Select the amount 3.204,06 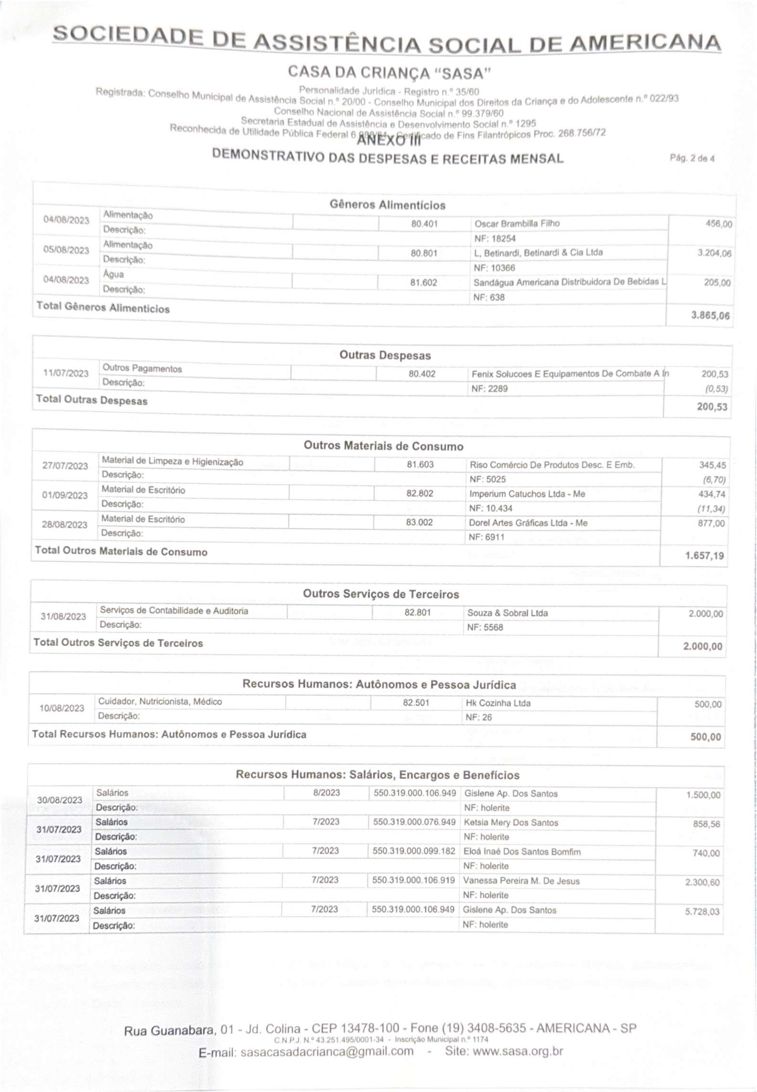coord(714,253)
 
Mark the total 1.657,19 coord(704,555)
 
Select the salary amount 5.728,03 coord(702,912)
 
